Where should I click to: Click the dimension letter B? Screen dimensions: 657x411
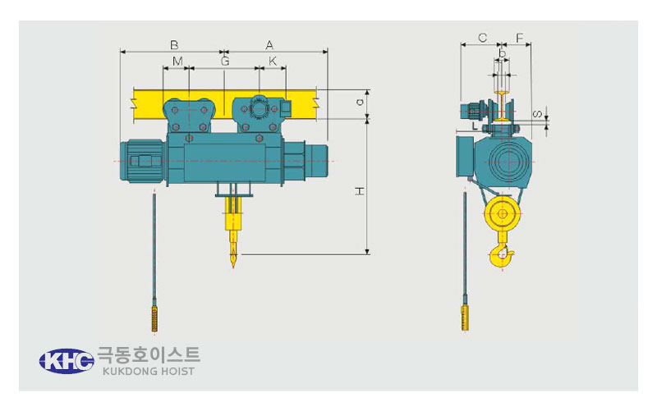(x=174, y=45)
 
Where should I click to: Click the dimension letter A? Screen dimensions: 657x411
(x=269, y=45)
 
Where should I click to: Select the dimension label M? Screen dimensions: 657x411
(x=177, y=61)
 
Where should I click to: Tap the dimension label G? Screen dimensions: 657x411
(x=225, y=61)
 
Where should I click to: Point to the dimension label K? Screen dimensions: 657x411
(x=273, y=61)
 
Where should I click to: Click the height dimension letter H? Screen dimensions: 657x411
(x=360, y=191)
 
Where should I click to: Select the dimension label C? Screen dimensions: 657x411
(x=482, y=38)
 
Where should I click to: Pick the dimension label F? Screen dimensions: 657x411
(x=520, y=38)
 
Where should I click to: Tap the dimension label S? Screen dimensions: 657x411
(x=538, y=114)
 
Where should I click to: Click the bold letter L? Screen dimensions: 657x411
(x=475, y=126)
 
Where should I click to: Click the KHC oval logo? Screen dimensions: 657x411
(x=67, y=361)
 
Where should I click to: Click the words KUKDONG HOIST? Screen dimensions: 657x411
(x=149, y=372)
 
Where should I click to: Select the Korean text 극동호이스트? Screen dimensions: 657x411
(x=149, y=355)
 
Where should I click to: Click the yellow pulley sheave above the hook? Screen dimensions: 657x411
(x=503, y=214)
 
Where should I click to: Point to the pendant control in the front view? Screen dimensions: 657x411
(x=154, y=319)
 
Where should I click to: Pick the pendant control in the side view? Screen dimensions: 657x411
(x=465, y=317)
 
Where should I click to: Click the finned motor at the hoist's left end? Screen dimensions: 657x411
(x=142, y=161)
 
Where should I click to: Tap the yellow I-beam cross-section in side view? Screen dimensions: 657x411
(x=502, y=106)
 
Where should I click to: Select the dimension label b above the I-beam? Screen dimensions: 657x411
(x=503, y=54)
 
